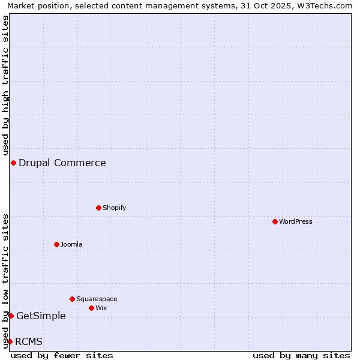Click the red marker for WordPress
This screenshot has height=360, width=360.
pos(275,221)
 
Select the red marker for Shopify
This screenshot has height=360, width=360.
pos(98,208)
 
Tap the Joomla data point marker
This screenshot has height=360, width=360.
pos(56,244)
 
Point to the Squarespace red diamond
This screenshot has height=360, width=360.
pos(72,299)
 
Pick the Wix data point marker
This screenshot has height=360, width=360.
pos(91,308)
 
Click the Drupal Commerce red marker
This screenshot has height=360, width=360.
pos(13,163)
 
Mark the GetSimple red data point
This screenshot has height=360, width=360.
pos(11,316)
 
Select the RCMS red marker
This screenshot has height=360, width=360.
pos(10,341)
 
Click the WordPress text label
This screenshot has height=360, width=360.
pos(296,221)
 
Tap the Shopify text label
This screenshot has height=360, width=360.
pos(114,208)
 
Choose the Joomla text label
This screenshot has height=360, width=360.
pos(71,244)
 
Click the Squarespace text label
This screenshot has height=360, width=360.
pos(97,299)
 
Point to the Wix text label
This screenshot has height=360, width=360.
pos(101,308)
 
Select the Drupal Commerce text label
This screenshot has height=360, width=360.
pos(62,163)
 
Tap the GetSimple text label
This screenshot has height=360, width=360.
pos(41,316)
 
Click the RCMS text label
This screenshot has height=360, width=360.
pos(29,341)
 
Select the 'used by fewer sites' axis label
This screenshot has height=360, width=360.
pos(62,355)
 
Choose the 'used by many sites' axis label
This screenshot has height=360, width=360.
pos(301,355)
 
